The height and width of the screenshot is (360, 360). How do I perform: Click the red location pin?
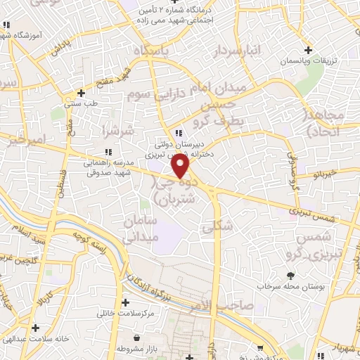[x=181, y=165]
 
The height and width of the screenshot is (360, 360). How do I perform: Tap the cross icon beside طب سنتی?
[x=82, y=92]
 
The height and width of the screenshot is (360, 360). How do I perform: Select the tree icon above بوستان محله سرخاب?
[x=290, y=275]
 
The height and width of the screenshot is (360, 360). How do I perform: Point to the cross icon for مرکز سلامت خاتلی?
[x=125, y=303]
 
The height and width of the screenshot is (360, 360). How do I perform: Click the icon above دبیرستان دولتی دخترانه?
[x=179, y=133]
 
